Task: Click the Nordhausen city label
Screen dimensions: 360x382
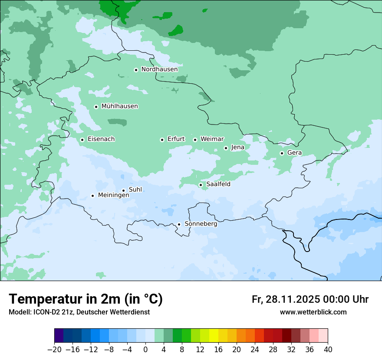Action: click(x=159, y=69)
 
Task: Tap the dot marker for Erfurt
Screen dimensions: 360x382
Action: click(x=162, y=140)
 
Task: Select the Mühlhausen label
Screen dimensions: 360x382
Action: click(x=119, y=106)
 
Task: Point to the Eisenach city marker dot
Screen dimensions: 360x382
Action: click(x=82, y=140)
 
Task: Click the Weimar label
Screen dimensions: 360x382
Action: click(x=212, y=139)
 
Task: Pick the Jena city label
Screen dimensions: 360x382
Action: click(x=237, y=147)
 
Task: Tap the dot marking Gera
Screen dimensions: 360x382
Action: click(x=282, y=153)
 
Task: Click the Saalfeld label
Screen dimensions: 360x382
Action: click(x=218, y=184)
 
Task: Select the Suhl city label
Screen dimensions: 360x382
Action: click(x=135, y=190)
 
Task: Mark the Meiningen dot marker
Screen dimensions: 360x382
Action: click(x=92, y=196)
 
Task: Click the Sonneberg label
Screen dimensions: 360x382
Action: click(x=201, y=224)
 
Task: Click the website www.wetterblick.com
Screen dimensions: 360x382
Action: click(x=313, y=312)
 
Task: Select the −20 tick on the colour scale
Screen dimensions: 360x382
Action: click(x=54, y=350)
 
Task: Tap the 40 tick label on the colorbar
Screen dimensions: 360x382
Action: click(x=328, y=350)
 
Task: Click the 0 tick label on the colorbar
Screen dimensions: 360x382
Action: click(x=145, y=350)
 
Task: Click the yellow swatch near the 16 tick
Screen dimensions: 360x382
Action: click(x=214, y=336)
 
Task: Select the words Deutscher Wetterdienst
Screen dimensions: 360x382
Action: click(x=114, y=312)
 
